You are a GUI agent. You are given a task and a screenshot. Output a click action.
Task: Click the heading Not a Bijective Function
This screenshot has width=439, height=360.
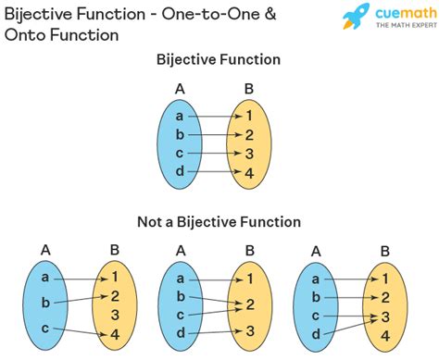pos(218,222)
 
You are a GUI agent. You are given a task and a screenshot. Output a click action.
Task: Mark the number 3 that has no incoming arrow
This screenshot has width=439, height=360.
pos(115,316)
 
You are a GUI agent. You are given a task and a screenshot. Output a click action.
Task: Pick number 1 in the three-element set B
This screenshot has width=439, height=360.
pos(115,276)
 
